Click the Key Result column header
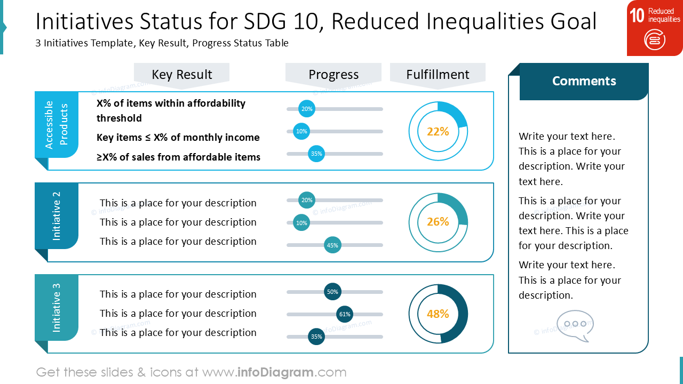coord(182,75)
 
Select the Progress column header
coord(333,75)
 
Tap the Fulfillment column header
coord(438,75)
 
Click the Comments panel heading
coord(584,81)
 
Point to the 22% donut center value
coord(438,131)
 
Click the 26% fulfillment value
coord(438,221)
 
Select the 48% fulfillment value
coord(438,314)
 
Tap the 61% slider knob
coord(345,314)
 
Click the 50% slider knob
coord(332,292)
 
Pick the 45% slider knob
coord(332,245)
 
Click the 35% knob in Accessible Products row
coord(316,154)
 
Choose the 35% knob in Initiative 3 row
coord(316,337)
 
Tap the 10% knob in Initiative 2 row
coord(301,223)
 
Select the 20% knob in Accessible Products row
coord(307,109)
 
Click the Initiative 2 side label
coord(57,216)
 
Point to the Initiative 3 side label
coord(57,308)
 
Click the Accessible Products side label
coord(57,125)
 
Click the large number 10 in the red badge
coord(637,15)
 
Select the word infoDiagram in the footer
coord(275,372)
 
